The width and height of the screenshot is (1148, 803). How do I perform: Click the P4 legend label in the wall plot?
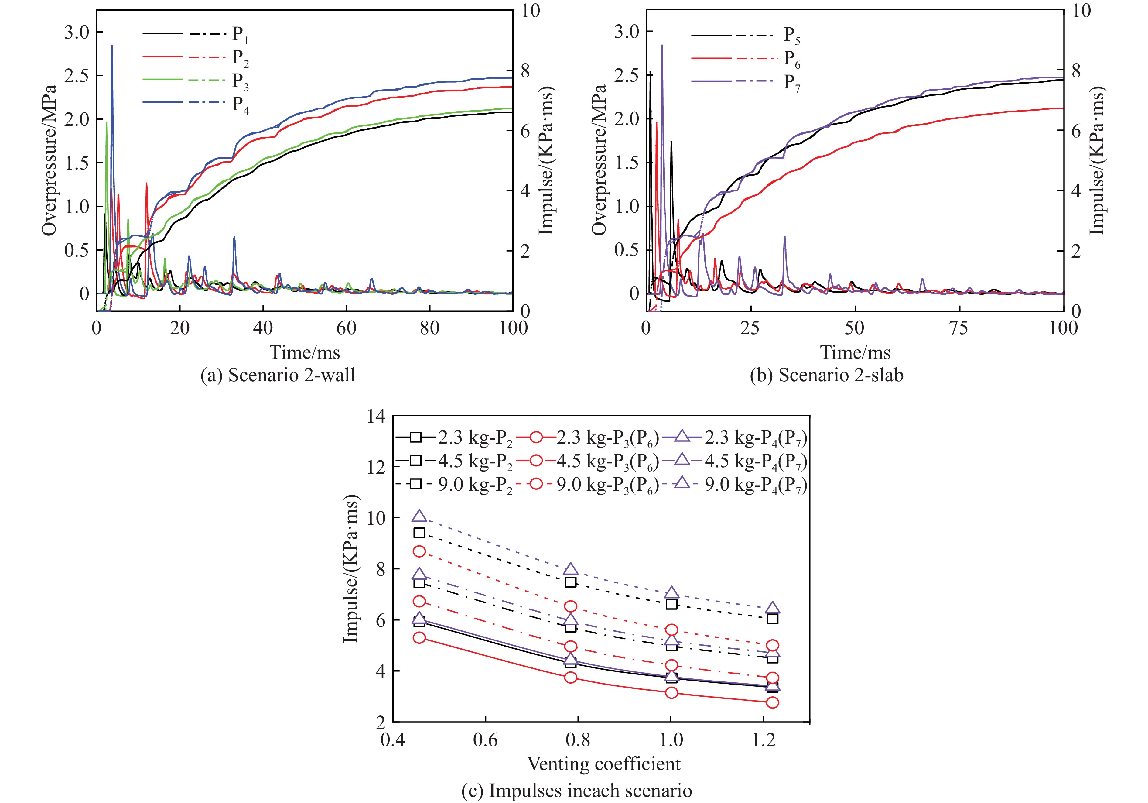240,105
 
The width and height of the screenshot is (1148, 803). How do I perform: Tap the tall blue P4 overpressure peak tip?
112,46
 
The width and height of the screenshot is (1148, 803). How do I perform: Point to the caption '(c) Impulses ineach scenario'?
576,791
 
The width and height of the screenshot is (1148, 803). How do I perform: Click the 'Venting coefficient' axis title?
603,764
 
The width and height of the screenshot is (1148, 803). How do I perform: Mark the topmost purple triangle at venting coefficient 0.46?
419,516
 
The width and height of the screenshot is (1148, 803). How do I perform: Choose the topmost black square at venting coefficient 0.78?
570,582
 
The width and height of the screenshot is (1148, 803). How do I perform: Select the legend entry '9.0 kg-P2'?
475,485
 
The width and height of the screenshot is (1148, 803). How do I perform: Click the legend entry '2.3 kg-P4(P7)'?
756,438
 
